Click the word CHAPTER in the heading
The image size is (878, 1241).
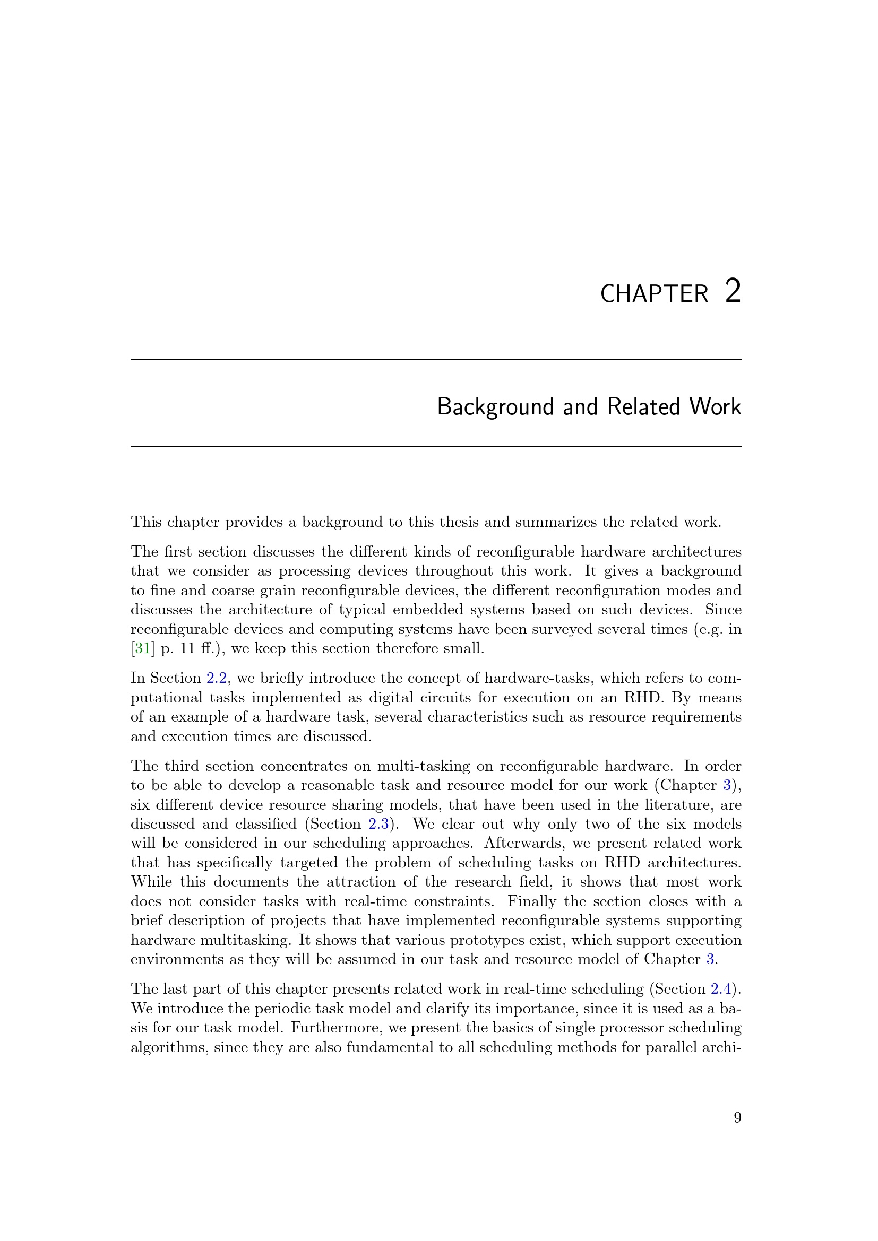click(x=653, y=294)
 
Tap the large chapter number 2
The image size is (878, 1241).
click(x=733, y=291)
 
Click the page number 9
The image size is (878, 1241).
click(x=737, y=1118)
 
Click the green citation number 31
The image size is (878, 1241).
click(x=142, y=648)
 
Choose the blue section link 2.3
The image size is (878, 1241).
click(x=378, y=825)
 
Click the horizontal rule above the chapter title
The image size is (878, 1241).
click(x=436, y=359)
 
